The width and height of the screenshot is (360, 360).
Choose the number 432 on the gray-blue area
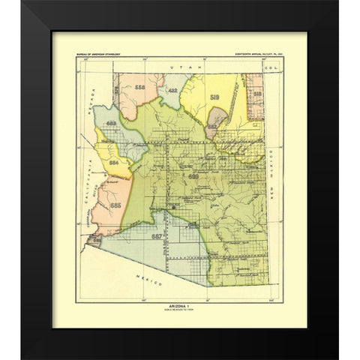tap(173, 91)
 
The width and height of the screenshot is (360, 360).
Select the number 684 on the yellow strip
tap(113, 160)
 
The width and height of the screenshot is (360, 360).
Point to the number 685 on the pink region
tap(115, 203)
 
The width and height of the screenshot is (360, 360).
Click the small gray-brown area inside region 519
tap(216, 118)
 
